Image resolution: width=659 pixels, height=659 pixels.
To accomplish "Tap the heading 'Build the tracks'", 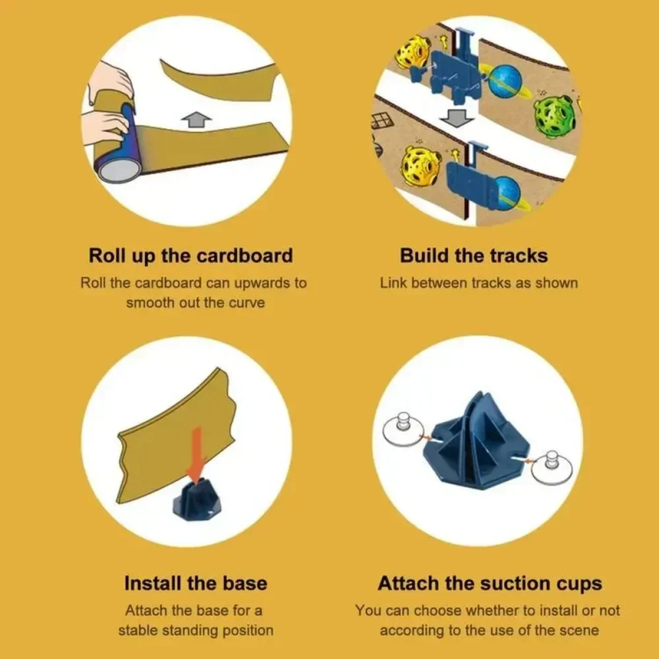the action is (474, 256).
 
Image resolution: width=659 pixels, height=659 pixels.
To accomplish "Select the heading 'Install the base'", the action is (196, 583).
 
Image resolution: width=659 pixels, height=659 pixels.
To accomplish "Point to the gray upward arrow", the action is (196, 120).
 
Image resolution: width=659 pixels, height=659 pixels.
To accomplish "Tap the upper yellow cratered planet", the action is (412, 54).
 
